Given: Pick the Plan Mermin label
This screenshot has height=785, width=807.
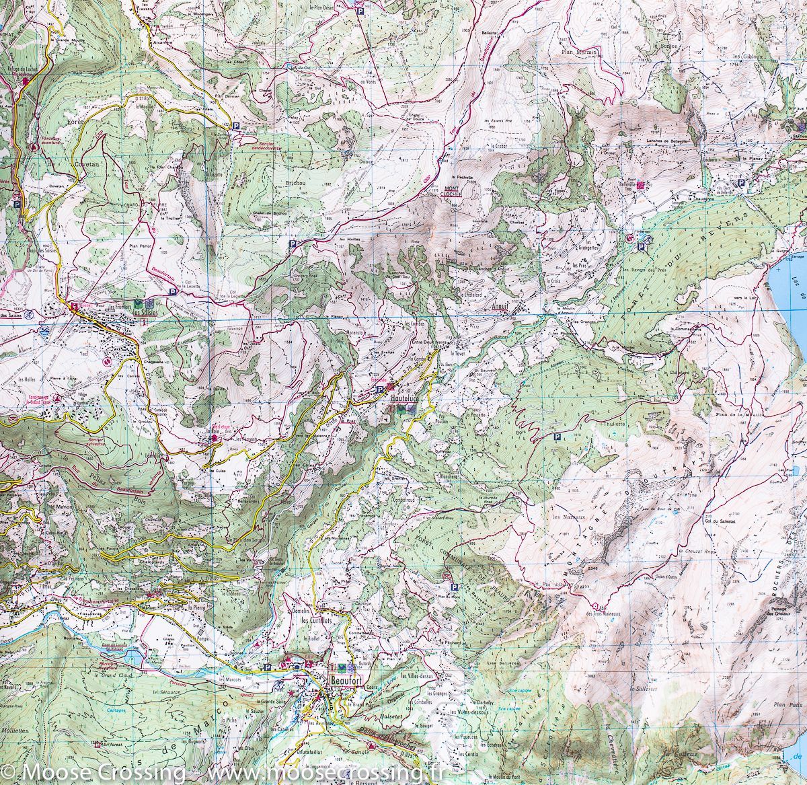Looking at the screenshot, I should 578,50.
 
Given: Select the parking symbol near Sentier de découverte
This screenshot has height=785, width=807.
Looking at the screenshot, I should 236,126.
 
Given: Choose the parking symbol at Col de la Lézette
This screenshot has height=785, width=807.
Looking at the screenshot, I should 173,292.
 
